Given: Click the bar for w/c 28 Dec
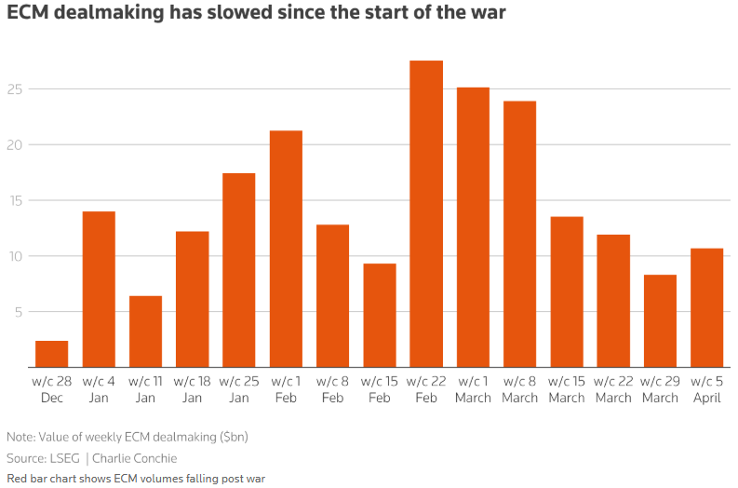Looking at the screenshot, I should [x=52, y=354].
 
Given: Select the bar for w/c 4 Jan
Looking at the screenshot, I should [x=99, y=290].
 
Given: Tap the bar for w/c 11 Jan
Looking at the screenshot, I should [x=145, y=332].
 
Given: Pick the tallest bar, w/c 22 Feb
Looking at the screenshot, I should [x=426, y=214].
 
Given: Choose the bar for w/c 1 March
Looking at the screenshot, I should [x=473, y=227].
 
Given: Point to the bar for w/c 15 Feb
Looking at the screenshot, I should [x=380, y=316].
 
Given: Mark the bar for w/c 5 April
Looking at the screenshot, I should [x=706, y=307].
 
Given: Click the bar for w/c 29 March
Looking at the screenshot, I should [x=660, y=321].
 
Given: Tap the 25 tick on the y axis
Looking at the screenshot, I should [x=16, y=89].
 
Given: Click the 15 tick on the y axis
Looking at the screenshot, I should [x=16, y=201].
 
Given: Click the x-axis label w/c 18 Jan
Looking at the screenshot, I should [x=192, y=389].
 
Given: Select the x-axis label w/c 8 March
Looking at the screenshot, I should [x=519, y=389].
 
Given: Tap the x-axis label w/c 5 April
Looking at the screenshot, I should [x=706, y=389].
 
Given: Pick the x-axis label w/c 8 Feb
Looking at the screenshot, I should [x=332, y=389].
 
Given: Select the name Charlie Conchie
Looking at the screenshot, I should [x=135, y=458].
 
